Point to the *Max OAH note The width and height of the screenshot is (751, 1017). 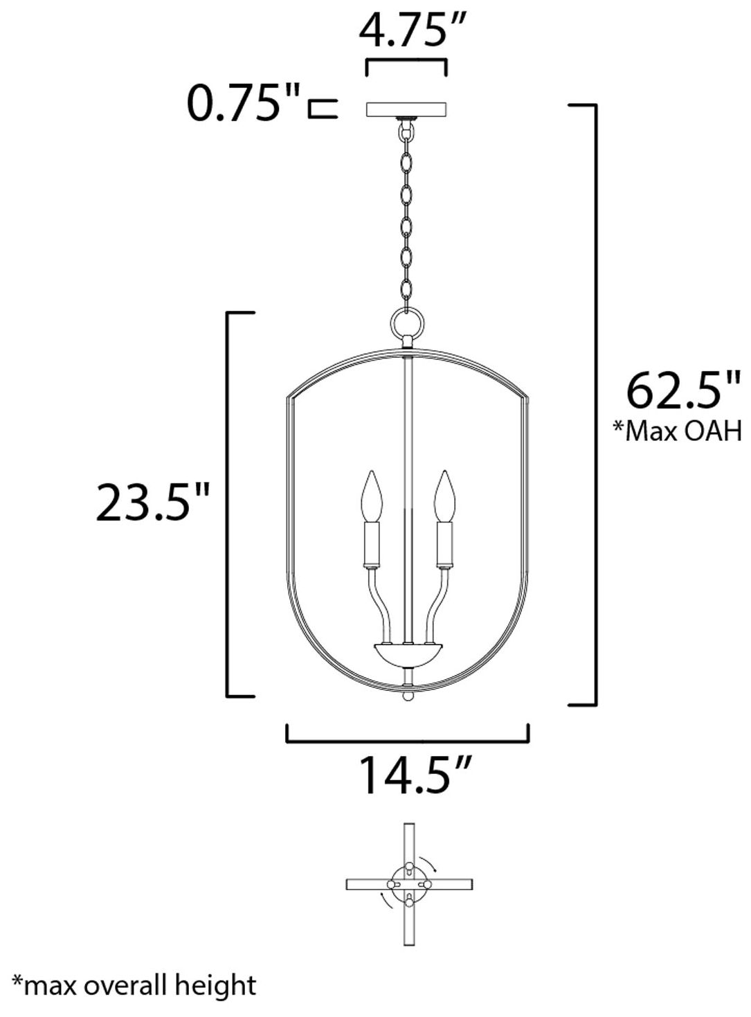[677, 431]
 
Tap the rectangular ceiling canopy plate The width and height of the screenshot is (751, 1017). [406, 110]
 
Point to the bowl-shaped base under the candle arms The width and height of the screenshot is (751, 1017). [408, 651]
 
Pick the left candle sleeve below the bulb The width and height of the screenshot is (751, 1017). [372, 543]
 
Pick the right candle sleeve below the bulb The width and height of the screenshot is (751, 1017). [444, 543]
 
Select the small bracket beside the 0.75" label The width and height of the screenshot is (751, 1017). [323, 109]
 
